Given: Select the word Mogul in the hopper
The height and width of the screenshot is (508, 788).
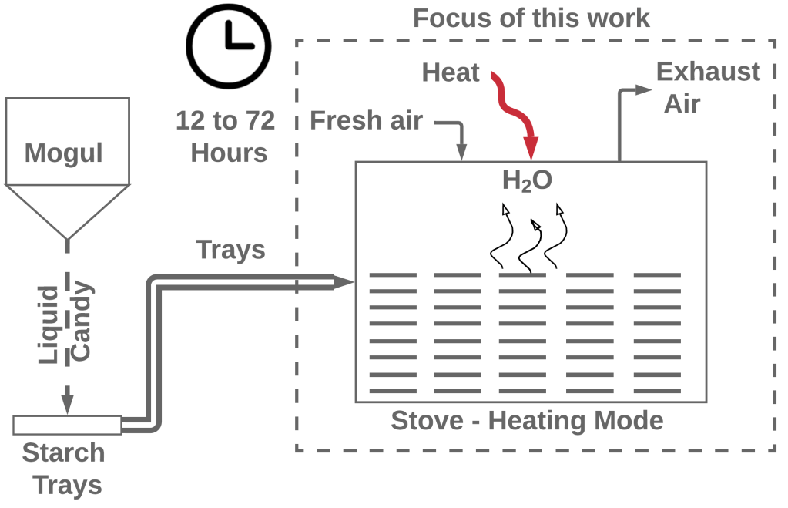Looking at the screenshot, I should click(x=64, y=153).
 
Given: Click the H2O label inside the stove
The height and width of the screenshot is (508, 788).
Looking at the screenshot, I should click(x=527, y=181).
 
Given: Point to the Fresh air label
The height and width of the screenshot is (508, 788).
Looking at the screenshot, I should click(x=366, y=121).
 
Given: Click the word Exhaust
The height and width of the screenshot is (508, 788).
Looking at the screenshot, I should click(x=708, y=72).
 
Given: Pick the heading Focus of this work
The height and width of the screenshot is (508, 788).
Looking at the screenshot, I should click(x=531, y=17).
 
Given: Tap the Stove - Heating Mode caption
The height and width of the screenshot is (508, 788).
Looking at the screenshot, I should click(x=527, y=421).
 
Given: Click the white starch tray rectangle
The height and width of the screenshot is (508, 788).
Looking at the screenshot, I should click(x=67, y=424).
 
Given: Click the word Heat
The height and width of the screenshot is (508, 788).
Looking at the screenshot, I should click(x=451, y=73).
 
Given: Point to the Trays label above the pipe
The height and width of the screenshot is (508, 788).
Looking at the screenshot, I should click(x=230, y=250).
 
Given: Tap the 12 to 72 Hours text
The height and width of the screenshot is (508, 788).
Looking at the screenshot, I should click(x=225, y=136).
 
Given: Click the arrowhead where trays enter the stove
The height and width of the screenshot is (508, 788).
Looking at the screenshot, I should click(x=344, y=282).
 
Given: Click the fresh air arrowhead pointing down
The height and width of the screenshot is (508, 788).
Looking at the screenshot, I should click(x=463, y=152).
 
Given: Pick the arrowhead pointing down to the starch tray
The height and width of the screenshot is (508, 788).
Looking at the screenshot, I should click(x=67, y=403).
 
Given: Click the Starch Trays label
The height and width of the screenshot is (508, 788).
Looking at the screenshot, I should click(x=63, y=469).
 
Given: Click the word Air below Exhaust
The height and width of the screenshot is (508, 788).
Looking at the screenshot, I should click(x=682, y=104).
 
